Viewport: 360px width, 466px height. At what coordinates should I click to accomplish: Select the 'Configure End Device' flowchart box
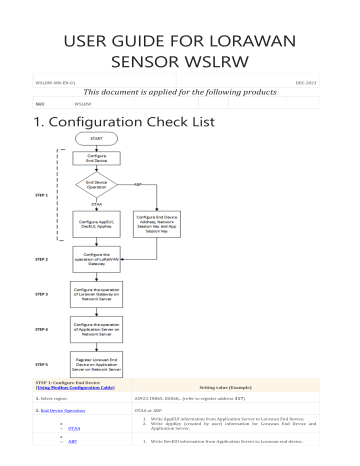coord(96,160)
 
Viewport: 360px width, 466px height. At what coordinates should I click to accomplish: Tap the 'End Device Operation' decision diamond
coord(96,187)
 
